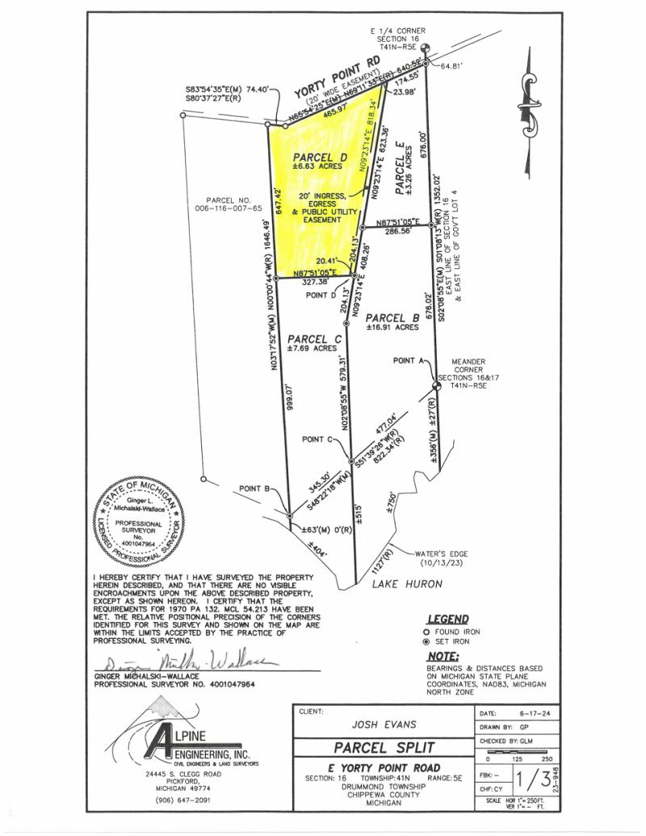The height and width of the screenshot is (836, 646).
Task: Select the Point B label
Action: pos(259,489)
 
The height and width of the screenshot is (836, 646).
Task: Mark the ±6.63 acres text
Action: pos(318,166)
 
